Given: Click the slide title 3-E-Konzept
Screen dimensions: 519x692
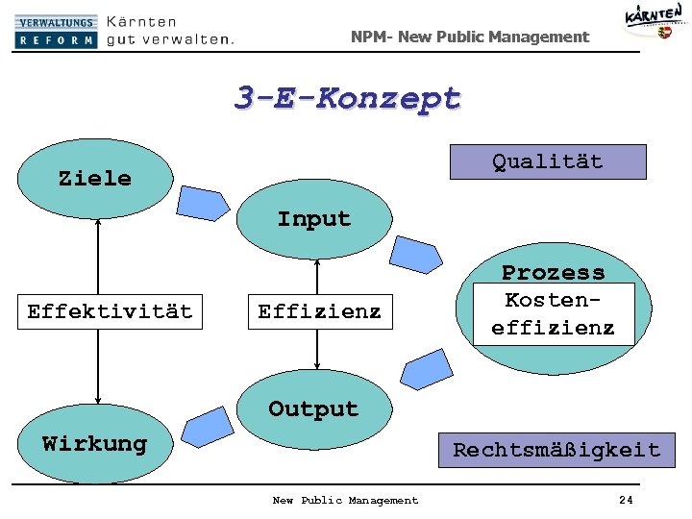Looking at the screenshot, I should (348, 98).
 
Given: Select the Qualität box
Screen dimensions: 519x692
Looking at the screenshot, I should (548, 161).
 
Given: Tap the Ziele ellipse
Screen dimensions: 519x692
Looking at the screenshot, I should (94, 179).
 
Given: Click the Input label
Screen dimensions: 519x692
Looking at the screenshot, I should (314, 219).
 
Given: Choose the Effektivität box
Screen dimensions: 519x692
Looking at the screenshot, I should (110, 311).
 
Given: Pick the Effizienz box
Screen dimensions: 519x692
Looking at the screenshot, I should (319, 311).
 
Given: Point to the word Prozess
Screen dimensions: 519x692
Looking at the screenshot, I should (553, 272).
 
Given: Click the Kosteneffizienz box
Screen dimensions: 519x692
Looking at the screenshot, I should (553, 313).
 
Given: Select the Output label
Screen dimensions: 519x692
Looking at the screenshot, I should (313, 408).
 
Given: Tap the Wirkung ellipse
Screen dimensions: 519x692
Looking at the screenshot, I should (94, 444).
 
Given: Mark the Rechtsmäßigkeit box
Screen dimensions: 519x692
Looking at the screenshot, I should (556, 450).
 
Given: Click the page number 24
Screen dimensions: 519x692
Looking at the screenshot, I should (626, 500).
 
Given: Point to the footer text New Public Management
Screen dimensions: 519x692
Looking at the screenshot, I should (345, 500).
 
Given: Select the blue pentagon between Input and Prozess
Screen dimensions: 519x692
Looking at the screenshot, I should (414, 256).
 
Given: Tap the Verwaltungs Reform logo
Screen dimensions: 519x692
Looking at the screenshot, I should (56, 31).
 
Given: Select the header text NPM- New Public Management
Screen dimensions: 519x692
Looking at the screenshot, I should (469, 37).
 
